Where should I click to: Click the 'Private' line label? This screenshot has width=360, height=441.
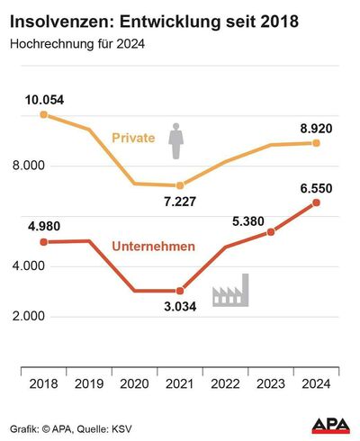(133, 138)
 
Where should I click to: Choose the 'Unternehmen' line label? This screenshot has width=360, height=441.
(153, 246)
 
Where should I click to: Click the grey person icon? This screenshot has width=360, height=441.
(177, 138)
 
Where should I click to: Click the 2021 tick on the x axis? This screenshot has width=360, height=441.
(180, 384)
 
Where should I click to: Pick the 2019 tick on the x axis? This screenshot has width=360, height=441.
(88, 384)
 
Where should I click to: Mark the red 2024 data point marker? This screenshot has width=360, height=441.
(316, 202)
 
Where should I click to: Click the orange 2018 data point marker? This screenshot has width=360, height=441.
(43, 114)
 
